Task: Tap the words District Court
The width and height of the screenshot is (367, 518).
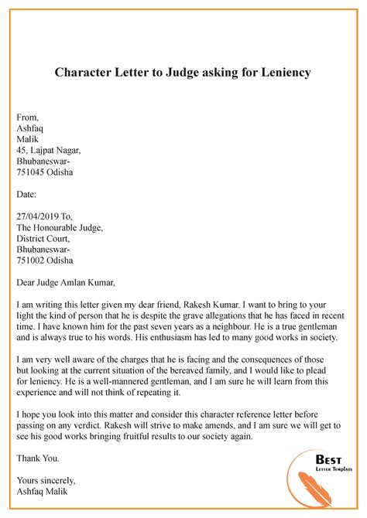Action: coord(45,240)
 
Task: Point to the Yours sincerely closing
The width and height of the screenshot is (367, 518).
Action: coord(47,479)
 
